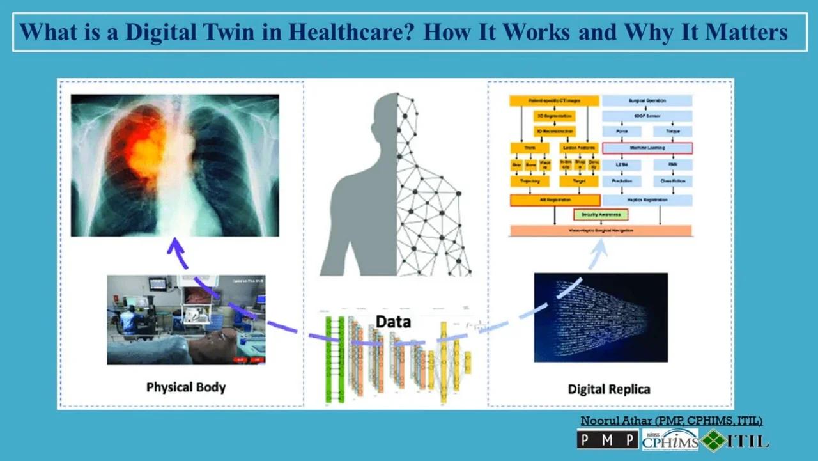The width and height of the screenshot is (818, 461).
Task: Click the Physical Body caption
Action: point(185,387)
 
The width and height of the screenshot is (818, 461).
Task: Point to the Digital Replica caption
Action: point(608,389)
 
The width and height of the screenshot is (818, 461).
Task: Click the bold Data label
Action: point(393,321)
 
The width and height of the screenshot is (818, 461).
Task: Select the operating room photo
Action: point(186,320)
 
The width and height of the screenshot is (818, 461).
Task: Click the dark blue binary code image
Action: point(601,317)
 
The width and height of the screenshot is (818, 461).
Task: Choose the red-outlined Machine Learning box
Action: point(647,148)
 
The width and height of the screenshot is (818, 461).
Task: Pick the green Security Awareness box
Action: point(601,215)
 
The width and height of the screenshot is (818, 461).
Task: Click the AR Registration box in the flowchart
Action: point(555,200)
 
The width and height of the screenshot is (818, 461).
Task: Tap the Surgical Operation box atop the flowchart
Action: point(647,100)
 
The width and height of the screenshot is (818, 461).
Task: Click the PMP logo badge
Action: point(607,439)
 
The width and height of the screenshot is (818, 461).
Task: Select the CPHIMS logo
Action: point(669,440)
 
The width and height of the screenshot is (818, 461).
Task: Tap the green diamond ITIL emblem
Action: point(714,440)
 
